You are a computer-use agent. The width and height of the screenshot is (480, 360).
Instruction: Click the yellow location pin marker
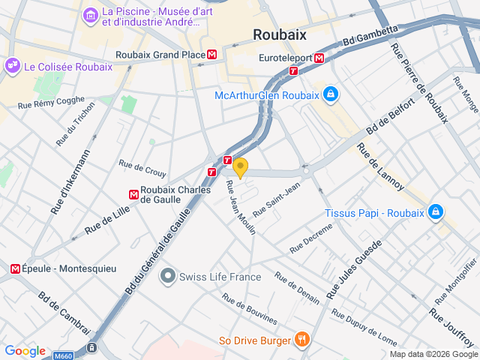pyautogui.click(x=240, y=166)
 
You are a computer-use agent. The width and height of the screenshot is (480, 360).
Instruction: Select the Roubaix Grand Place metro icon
pyautogui.click(x=213, y=54)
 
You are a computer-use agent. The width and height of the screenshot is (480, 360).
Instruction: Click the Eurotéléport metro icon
pyautogui.click(x=319, y=57)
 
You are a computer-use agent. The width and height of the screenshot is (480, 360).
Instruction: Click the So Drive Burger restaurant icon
pyautogui.click(x=301, y=340)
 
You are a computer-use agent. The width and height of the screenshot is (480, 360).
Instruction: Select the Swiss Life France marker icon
pyautogui.click(x=166, y=277)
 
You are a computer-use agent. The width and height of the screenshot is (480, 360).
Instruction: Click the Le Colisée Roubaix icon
pyautogui.click(x=13, y=66)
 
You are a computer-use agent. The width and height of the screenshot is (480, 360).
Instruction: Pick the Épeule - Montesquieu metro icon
pyautogui.click(x=14, y=268)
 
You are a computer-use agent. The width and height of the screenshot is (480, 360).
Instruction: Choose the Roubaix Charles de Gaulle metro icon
pyautogui.click(x=133, y=194)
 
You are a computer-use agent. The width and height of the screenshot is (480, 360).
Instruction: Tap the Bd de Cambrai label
pyautogui.click(x=64, y=313)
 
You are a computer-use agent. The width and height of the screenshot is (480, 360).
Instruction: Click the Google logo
pyautogui.click(x=25, y=350)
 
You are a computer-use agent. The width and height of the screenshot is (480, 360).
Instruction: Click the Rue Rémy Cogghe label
pyautogui.click(x=50, y=102)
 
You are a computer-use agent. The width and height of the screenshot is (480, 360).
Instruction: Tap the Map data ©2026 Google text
pyautogui.click(x=433, y=354)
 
